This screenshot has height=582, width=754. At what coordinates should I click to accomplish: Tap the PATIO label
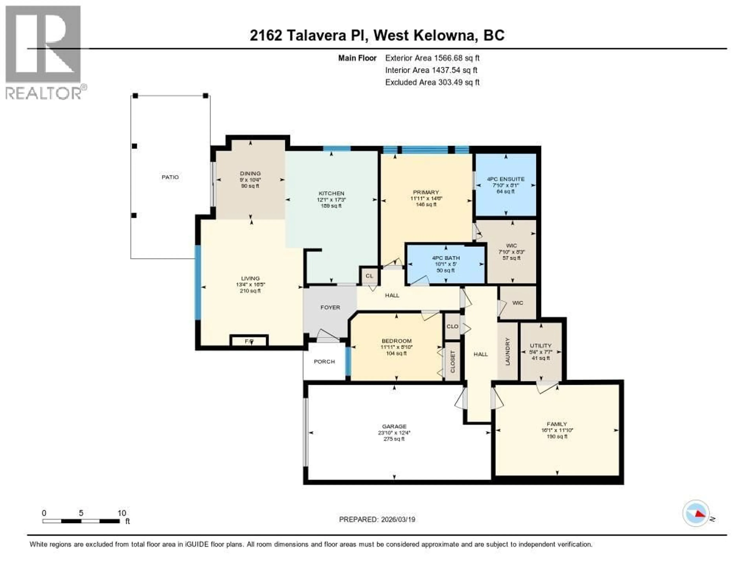170,177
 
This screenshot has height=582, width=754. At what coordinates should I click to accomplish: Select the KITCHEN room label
331,193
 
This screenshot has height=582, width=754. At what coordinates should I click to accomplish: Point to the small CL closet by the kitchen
369,276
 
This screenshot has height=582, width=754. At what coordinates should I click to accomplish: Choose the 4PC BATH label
446,258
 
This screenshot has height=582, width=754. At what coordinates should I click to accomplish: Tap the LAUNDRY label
508,351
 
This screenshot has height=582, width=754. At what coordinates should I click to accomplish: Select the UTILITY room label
540,345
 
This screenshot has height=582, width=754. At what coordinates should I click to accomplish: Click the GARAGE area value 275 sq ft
394,439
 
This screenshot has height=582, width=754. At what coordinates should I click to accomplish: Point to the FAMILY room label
556,424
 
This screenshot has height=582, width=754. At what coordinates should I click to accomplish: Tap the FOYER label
330,307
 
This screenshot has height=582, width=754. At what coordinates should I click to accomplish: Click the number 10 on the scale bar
122,513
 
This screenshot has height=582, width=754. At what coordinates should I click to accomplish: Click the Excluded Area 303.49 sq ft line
432,82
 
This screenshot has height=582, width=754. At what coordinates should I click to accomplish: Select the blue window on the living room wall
198,282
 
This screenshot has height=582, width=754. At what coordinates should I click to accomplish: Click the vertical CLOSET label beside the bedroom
453,362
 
